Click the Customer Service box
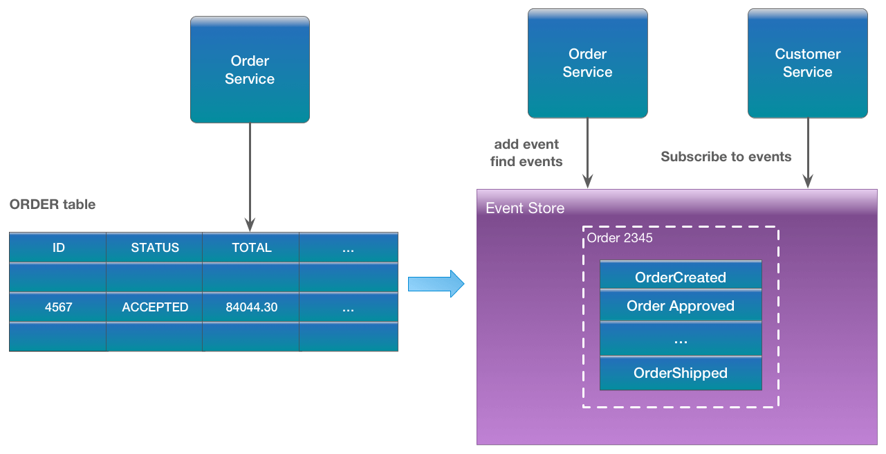[x=807, y=63]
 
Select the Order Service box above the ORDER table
[x=250, y=70]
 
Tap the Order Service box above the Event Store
[x=587, y=63]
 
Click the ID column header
[x=58, y=248]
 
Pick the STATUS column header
[x=155, y=248]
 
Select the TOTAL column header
[x=251, y=248]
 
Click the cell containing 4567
[x=58, y=307]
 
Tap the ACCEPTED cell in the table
[x=155, y=307]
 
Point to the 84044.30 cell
[x=251, y=307]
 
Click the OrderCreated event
[x=681, y=277]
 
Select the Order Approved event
[x=681, y=306]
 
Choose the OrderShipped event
[x=681, y=373]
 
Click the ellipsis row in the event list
[x=681, y=340]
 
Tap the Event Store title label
[x=525, y=208]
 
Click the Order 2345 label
[x=620, y=238]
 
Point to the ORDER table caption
[x=53, y=204]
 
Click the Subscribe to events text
[x=726, y=157]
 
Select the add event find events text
[x=526, y=153]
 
